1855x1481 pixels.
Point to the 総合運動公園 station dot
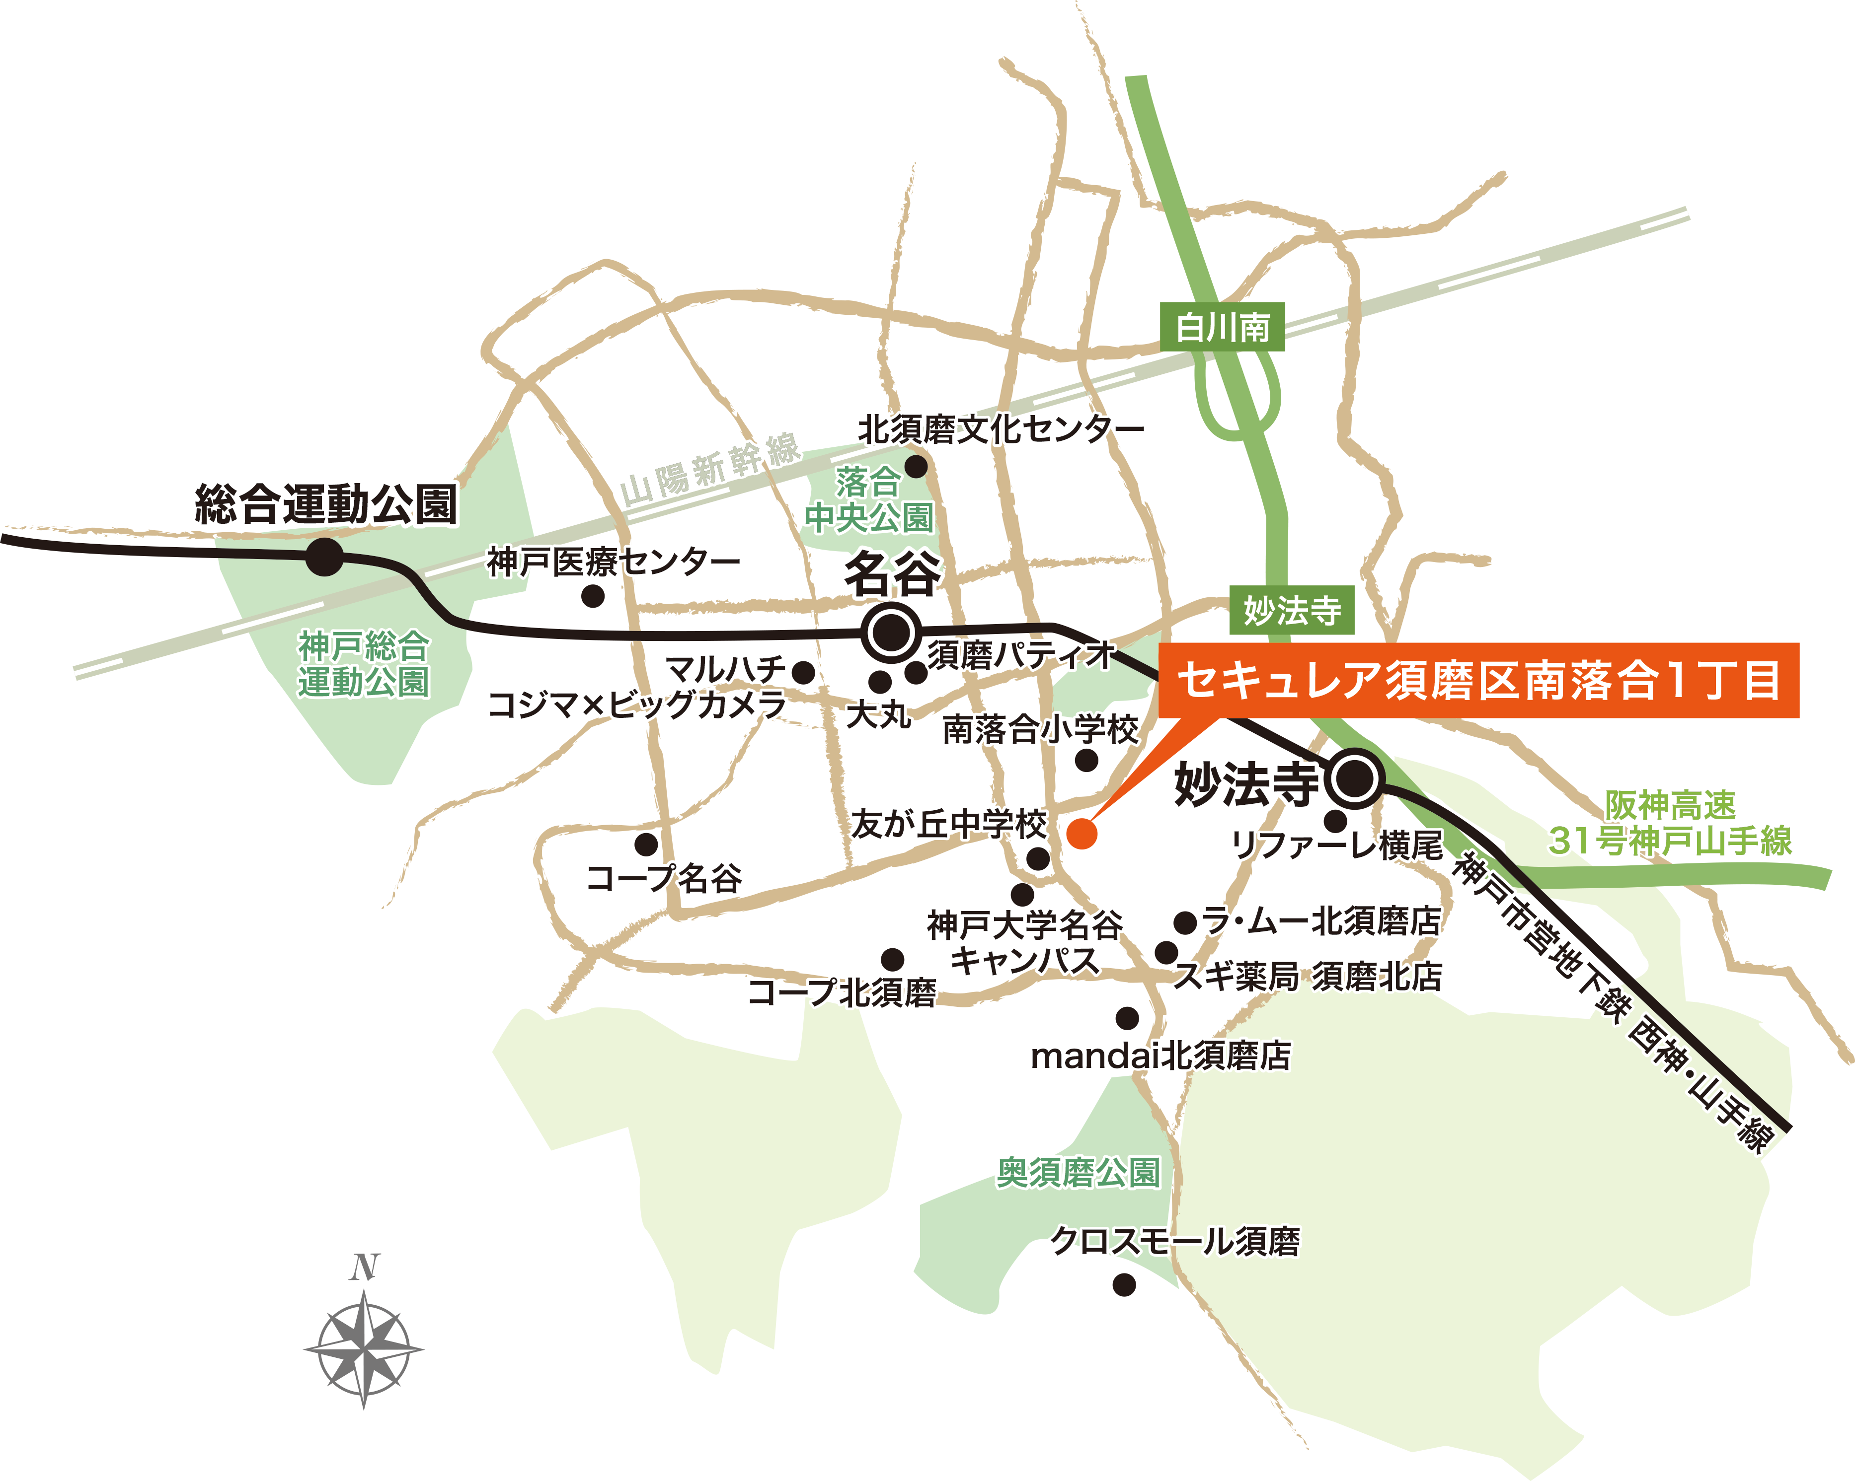324,558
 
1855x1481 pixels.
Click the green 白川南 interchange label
1222,327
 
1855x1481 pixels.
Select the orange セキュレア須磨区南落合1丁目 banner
1478,680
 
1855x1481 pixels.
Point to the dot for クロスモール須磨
1124,1285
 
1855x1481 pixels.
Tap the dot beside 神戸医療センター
593,596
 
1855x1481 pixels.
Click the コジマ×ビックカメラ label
637,705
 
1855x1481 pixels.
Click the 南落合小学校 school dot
1086,760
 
